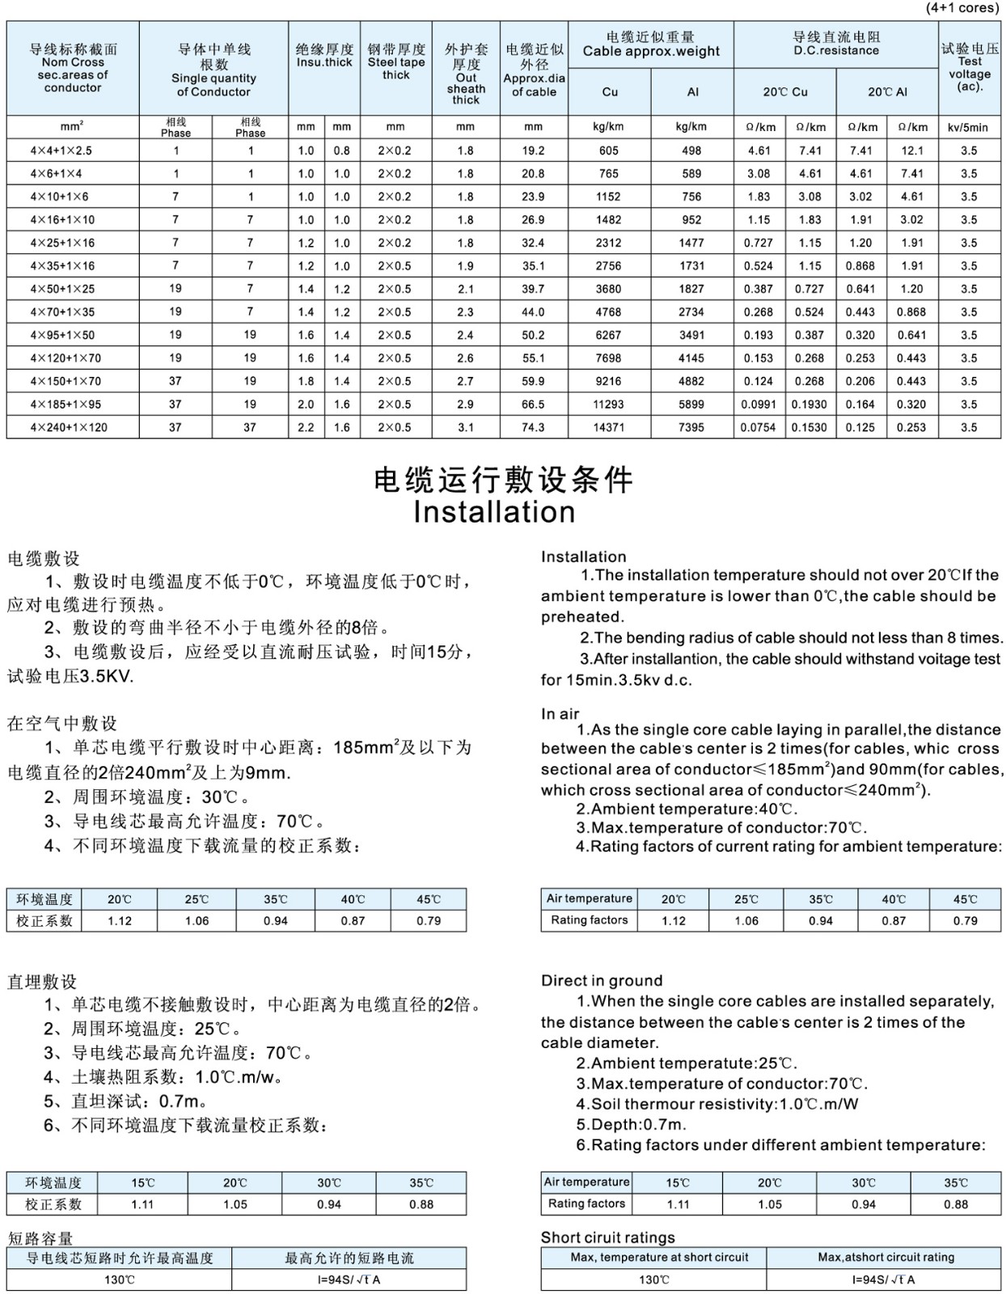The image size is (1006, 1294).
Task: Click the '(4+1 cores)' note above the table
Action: (x=962, y=8)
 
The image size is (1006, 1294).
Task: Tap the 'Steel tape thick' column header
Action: (x=396, y=62)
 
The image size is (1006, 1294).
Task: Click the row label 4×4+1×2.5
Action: (x=61, y=150)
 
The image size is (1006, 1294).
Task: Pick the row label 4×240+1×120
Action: (x=69, y=427)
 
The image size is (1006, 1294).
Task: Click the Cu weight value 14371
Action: (x=609, y=427)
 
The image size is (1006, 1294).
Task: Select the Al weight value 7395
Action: (x=692, y=427)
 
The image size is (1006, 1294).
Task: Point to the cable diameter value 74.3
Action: (x=533, y=427)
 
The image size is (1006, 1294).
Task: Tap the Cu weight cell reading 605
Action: (x=609, y=150)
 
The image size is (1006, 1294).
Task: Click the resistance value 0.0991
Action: (x=759, y=404)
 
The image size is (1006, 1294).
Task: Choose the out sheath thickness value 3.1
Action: (x=466, y=427)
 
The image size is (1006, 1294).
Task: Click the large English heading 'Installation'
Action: (x=494, y=512)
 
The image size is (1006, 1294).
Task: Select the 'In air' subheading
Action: (x=560, y=713)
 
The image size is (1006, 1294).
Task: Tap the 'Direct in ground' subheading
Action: (x=602, y=980)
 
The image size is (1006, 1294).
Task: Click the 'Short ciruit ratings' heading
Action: (x=607, y=1237)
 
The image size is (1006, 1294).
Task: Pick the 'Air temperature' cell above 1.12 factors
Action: (x=590, y=899)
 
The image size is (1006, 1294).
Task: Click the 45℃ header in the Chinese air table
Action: (x=429, y=899)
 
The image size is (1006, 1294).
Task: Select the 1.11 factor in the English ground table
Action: (x=678, y=1204)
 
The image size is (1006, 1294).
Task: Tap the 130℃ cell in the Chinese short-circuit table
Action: (x=119, y=1279)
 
